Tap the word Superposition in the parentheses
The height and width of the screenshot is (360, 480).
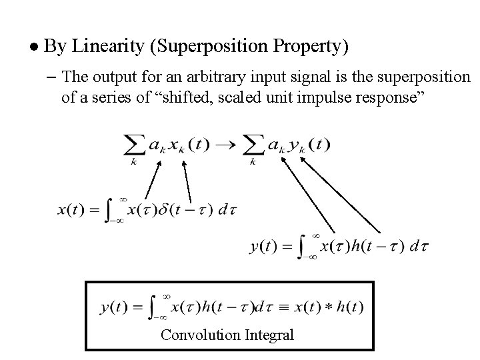coord(202,47)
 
